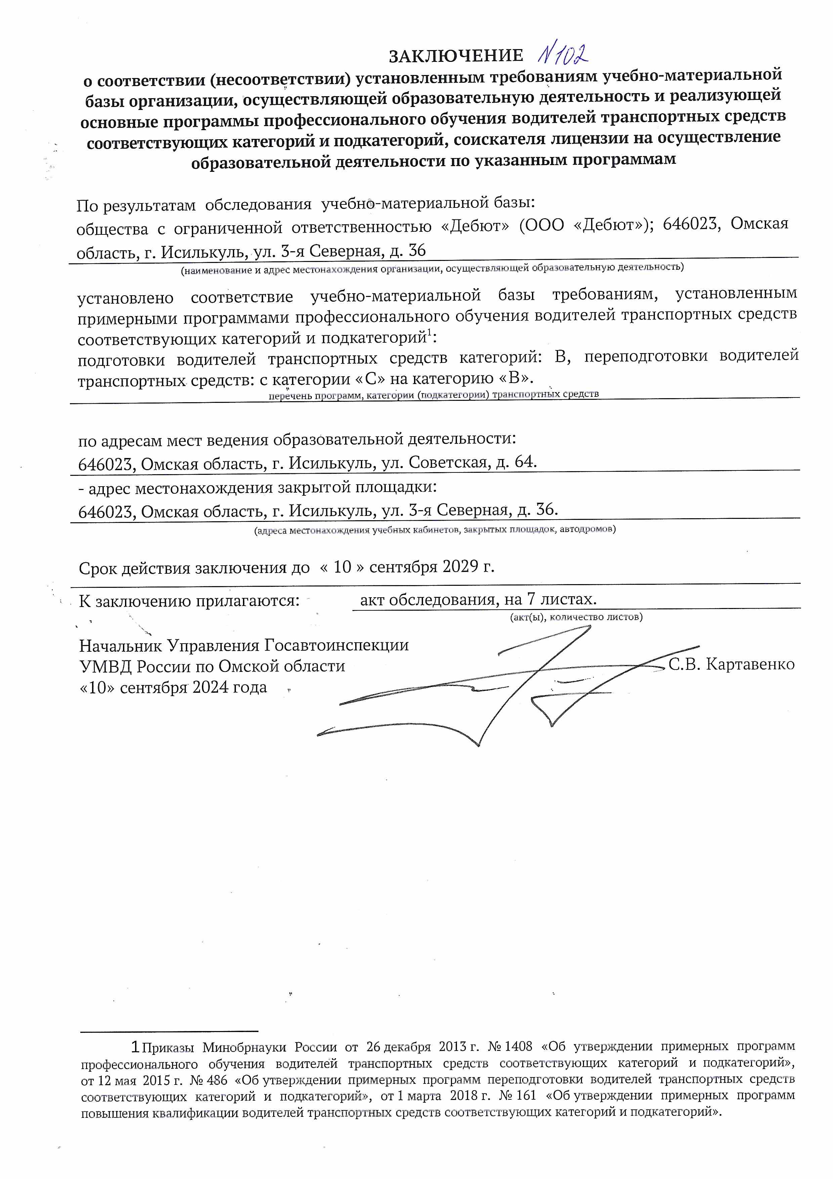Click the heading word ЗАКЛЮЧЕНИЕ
456,55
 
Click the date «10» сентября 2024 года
173,688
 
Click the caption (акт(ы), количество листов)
576,617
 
